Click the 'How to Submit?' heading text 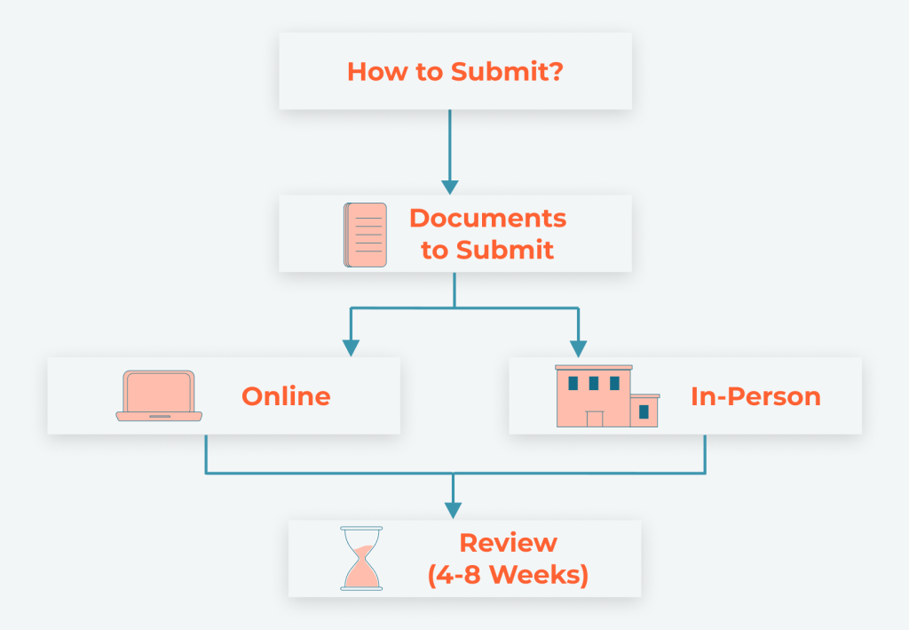[x=455, y=72]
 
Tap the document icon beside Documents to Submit [x=365, y=235]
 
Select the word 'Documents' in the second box [x=487, y=219]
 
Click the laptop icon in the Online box [x=159, y=395]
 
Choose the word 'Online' [x=286, y=396]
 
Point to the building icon [x=606, y=396]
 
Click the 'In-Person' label [x=755, y=396]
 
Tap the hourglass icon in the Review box [x=361, y=558]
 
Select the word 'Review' [x=508, y=543]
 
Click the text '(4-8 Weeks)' [x=508, y=575]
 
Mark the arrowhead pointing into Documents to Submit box [x=450, y=187]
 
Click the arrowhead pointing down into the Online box [x=351, y=348]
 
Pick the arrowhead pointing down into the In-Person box [x=578, y=348]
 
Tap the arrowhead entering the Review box [x=454, y=511]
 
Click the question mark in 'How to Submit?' [x=556, y=72]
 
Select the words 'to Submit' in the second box [x=487, y=251]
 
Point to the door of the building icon [x=594, y=419]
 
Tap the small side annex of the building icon [x=644, y=411]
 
